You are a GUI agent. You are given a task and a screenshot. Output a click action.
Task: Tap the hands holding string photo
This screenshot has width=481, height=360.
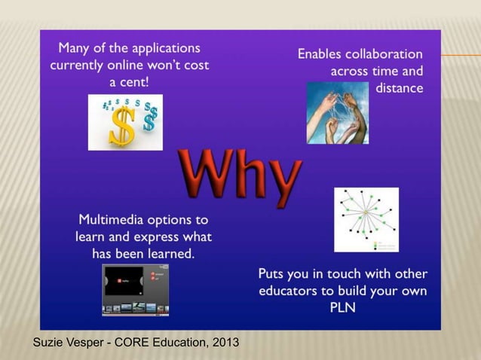point(338,113)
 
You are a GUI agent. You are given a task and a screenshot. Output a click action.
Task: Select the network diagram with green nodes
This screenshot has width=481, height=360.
point(366,219)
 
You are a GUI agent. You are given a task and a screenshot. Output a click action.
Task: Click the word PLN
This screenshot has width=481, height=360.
point(343,307)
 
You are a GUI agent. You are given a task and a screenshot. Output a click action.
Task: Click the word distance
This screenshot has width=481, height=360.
point(399,89)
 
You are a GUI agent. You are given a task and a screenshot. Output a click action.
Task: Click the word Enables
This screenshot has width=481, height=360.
point(321,54)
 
